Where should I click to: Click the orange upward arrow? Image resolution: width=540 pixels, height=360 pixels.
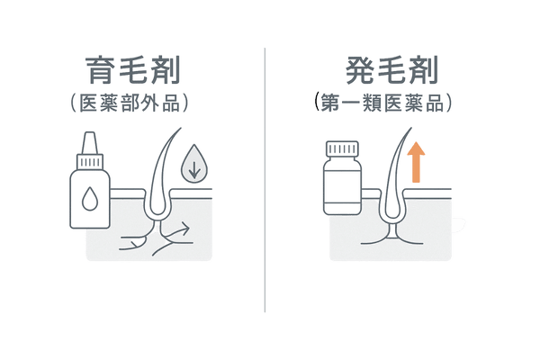click(x=416, y=164)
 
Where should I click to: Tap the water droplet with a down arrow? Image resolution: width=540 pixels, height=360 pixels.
click(x=191, y=166)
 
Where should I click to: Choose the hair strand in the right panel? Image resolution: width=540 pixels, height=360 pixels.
click(x=391, y=171)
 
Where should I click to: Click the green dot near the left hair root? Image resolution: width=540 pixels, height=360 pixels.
click(x=136, y=240)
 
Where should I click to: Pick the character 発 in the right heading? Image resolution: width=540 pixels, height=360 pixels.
click(x=361, y=70)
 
